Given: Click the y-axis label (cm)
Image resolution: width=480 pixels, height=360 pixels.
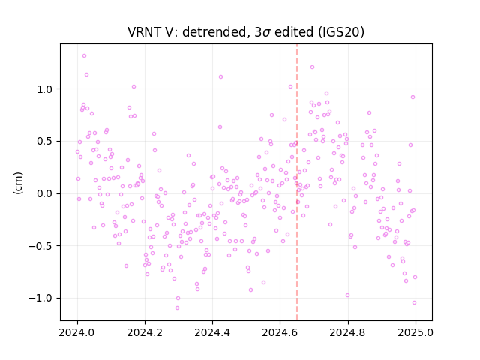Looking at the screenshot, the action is [18, 183].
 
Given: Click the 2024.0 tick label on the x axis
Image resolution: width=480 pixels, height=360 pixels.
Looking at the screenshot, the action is [77, 332].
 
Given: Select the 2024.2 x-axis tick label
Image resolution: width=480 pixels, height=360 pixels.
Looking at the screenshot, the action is [145, 332].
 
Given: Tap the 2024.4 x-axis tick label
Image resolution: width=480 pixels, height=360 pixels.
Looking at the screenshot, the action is [212, 332].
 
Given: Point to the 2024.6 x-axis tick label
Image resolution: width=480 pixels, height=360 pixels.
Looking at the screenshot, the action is [280, 332].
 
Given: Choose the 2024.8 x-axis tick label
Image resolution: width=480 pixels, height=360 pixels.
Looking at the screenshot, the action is [348, 332].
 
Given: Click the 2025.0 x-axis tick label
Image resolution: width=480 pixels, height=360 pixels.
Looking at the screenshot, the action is [415, 332].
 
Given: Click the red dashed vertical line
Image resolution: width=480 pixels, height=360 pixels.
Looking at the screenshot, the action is [297, 182].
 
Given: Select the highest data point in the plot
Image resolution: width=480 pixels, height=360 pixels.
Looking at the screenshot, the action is [84, 56].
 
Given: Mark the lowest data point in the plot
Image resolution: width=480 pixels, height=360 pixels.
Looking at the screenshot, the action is [177, 307].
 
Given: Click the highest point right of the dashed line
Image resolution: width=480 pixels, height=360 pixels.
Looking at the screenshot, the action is [312, 67].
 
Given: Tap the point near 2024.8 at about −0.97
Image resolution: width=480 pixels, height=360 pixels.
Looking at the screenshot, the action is [347, 295].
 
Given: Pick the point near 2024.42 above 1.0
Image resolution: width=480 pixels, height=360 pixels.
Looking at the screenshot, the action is [220, 76].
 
